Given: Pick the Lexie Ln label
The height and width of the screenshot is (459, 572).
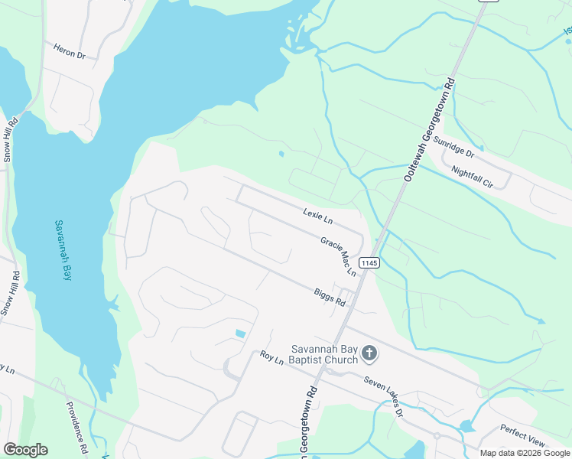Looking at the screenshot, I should (317, 216).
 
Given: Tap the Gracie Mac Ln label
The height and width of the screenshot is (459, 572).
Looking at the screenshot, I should (339, 256).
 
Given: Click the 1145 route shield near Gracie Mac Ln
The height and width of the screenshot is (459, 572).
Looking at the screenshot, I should (369, 262).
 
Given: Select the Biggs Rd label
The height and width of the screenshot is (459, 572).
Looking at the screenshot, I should (330, 296).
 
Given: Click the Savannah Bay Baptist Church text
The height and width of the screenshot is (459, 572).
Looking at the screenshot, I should (323, 355).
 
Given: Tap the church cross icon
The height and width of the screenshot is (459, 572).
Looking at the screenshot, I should (369, 353).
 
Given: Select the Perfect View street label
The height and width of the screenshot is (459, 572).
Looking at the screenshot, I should (522, 437).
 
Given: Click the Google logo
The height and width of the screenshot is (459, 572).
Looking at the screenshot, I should (25, 450).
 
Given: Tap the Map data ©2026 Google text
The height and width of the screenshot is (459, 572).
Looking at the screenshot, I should (525, 453).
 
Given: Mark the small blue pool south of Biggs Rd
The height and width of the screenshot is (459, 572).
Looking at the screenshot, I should (241, 334).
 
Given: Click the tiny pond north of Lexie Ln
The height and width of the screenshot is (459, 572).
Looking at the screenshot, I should (281, 154).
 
